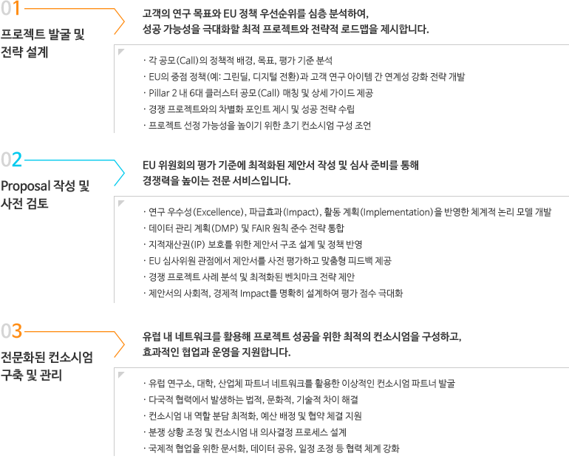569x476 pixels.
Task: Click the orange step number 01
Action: [x=10, y=8]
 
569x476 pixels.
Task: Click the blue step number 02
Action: [x=11, y=160]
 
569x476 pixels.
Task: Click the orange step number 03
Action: [x=11, y=331]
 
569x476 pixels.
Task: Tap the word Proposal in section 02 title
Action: [x=25, y=186]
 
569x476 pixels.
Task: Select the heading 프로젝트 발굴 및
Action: [x=42, y=35]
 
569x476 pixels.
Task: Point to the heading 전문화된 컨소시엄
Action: [x=47, y=357]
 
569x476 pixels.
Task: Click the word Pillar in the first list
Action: [x=160, y=93]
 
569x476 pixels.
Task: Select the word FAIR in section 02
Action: [x=260, y=228]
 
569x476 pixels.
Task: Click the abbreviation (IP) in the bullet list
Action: [x=198, y=245]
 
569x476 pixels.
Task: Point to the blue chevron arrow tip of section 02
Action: [x=124, y=173]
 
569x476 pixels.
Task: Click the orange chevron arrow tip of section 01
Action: [x=124, y=21]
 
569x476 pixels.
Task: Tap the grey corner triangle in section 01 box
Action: [x=121, y=52]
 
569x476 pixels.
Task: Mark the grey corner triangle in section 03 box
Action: [x=121, y=374]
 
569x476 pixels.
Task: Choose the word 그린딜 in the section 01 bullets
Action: [x=236, y=77]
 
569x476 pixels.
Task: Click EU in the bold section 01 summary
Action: [x=230, y=14]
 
